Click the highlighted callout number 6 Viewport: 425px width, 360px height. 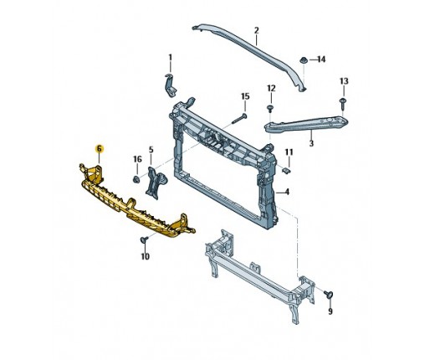[x=99, y=149]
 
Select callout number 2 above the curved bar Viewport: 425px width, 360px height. [x=257, y=30]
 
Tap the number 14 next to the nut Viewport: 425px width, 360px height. [x=321, y=59]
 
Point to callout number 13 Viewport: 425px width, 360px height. [x=344, y=81]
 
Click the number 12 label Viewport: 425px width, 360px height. [x=271, y=88]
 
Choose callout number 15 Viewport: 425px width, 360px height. [x=245, y=96]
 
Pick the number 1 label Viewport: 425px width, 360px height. [x=171, y=58]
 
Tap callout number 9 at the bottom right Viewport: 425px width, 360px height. [x=330, y=311]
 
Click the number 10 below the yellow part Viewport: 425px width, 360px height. [x=145, y=256]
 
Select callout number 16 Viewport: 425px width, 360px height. [x=137, y=159]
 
